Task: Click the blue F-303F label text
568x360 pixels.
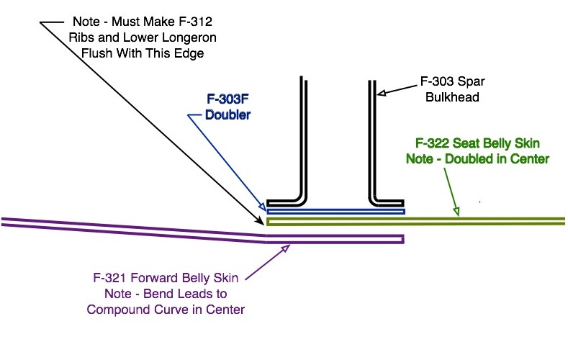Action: [x=227, y=99]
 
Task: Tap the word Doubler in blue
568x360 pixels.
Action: [x=227, y=114]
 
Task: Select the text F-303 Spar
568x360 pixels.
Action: [x=452, y=81]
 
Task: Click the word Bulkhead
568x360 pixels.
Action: [x=452, y=97]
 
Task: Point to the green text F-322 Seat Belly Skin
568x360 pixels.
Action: [x=477, y=143]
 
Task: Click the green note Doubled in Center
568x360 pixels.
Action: [x=497, y=159]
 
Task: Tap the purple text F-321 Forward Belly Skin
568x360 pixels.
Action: [x=166, y=278]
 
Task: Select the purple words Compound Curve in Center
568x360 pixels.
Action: [x=166, y=310]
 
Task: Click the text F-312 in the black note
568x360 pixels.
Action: [x=195, y=22]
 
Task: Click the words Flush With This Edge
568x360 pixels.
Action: [x=143, y=53]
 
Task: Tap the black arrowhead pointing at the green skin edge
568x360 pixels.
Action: [x=260, y=220]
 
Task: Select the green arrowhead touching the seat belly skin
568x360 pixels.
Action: [x=456, y=211]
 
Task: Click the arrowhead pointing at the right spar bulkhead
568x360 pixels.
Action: [x=382, y=93]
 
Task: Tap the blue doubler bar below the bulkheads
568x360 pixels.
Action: [x=335, y=212]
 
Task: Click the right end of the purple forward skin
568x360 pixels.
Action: [x=404, y=239]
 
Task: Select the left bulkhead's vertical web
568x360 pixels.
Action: [x=304, y=138]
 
